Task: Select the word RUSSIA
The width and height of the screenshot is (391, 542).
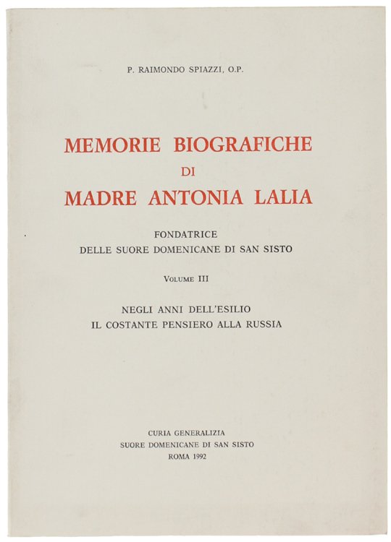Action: coord(263,324)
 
